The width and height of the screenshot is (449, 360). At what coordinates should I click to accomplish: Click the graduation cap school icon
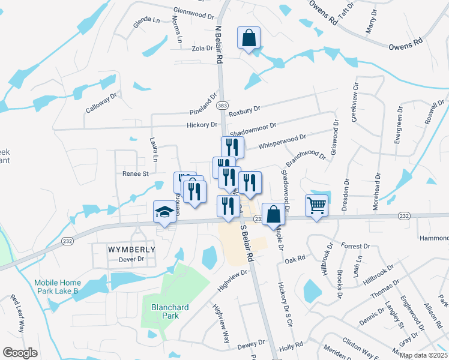pyautogui.click(x=164, y=211)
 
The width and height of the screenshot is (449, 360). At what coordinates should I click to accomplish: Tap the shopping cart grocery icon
pyautogui.click(x=316, y=205)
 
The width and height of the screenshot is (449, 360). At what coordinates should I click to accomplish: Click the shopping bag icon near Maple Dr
pyautogui.click(x=273, y=214)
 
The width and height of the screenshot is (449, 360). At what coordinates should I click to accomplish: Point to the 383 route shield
pyautogui.click(x=222, y=104)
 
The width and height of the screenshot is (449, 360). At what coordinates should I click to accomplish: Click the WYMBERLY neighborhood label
pyautogui.click(x=131, y=249)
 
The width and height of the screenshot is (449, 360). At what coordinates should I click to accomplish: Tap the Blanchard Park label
pyautogui.click(x=170, y=311)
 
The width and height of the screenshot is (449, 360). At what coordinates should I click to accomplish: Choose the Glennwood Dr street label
pyautogui.click(x=193, y=11)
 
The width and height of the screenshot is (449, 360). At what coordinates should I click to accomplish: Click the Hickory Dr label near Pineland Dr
pyautogui.click(x=202, y=125)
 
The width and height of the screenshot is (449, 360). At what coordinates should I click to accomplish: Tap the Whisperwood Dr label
pyautogui.click(x=282, y=142)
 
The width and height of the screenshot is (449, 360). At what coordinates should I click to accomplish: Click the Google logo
pyautogui.click(x=20, y=353)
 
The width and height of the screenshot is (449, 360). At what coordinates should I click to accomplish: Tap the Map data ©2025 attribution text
pyautogui.click(x=423, y=355)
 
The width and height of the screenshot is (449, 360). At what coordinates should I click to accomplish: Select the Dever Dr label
pyautogui.click(x=132, y=259)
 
